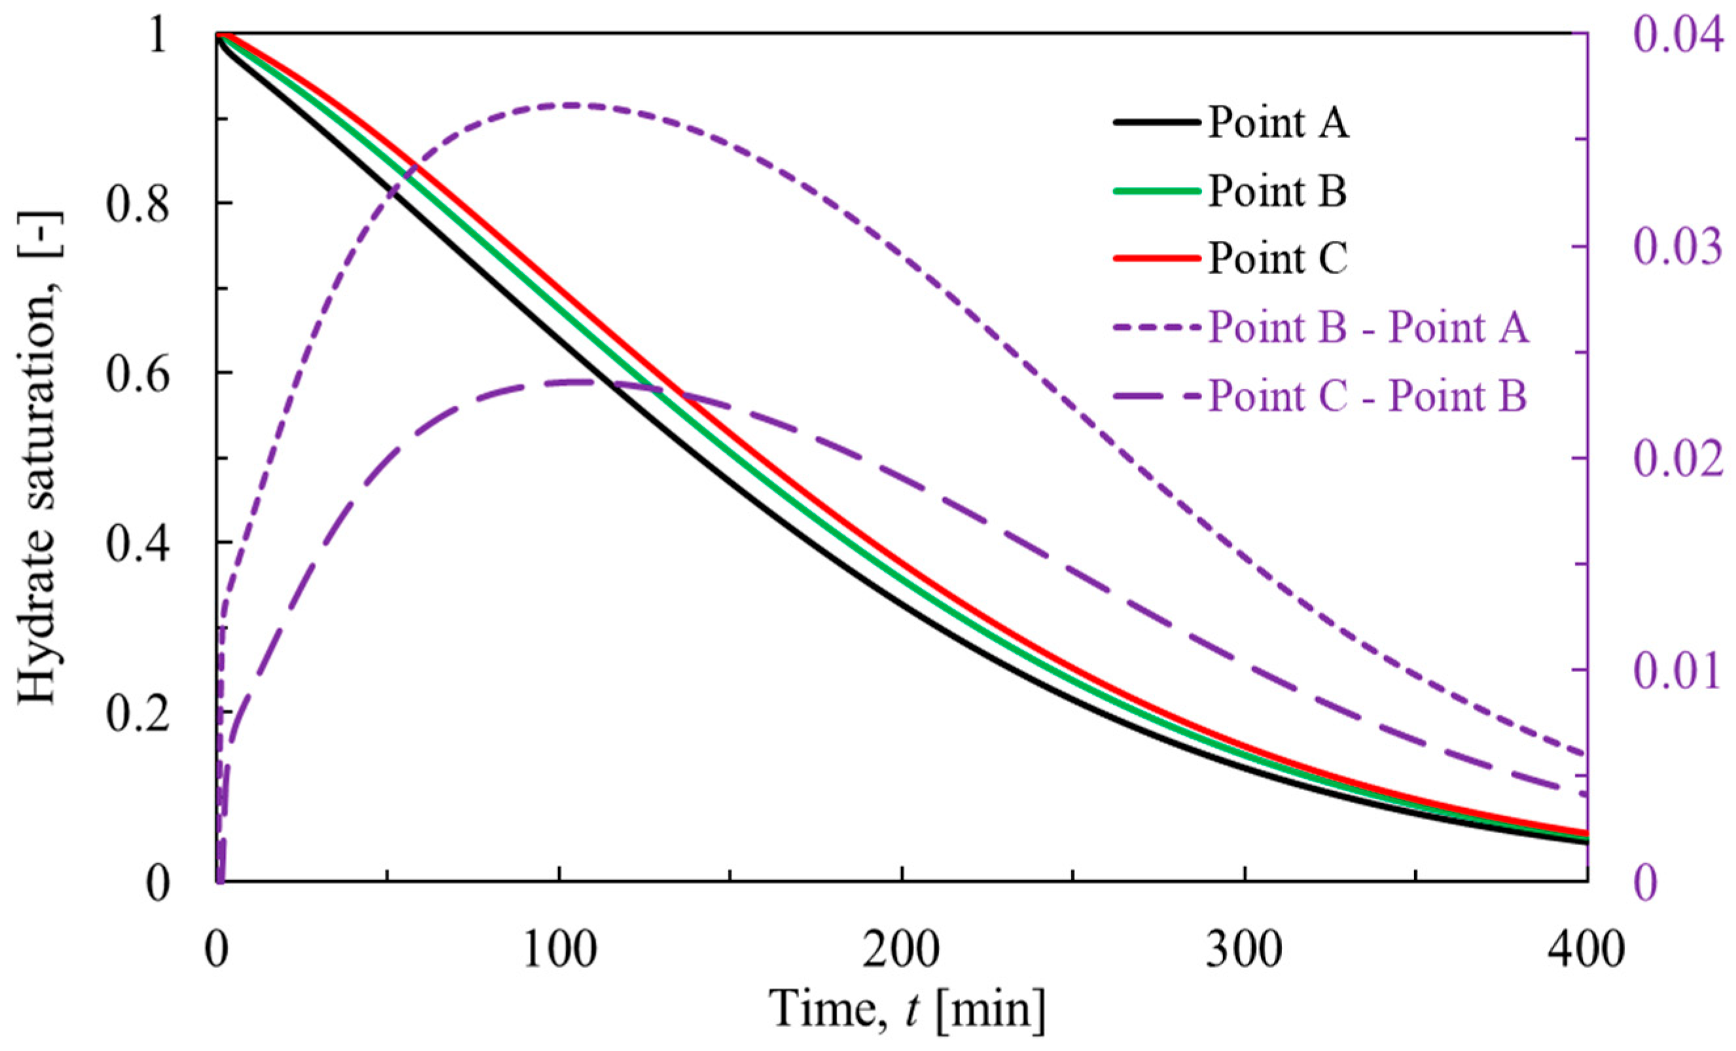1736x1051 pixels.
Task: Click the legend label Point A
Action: pyautogui.click(x=1278, y=123)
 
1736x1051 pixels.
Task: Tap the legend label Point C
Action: pyautogui.click(x=1277, y=259)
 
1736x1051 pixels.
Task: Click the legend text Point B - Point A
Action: pyautogui.click(x=1369, y=329)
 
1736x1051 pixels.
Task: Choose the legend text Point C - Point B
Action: pyautogui.click(x=1368, y=397)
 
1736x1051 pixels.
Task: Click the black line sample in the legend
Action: pyautogui.click(x=1156, y=122)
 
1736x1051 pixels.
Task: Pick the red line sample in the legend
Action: pyautogui.click(x=1156, y=258)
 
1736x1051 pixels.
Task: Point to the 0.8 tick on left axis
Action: pyautogui.click(x=137, y=205)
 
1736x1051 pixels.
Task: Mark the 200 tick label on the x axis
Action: pyautogui.click(x=902, y=950)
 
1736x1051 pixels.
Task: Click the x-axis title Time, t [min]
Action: pyautogui.click(x=908, y=1009)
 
